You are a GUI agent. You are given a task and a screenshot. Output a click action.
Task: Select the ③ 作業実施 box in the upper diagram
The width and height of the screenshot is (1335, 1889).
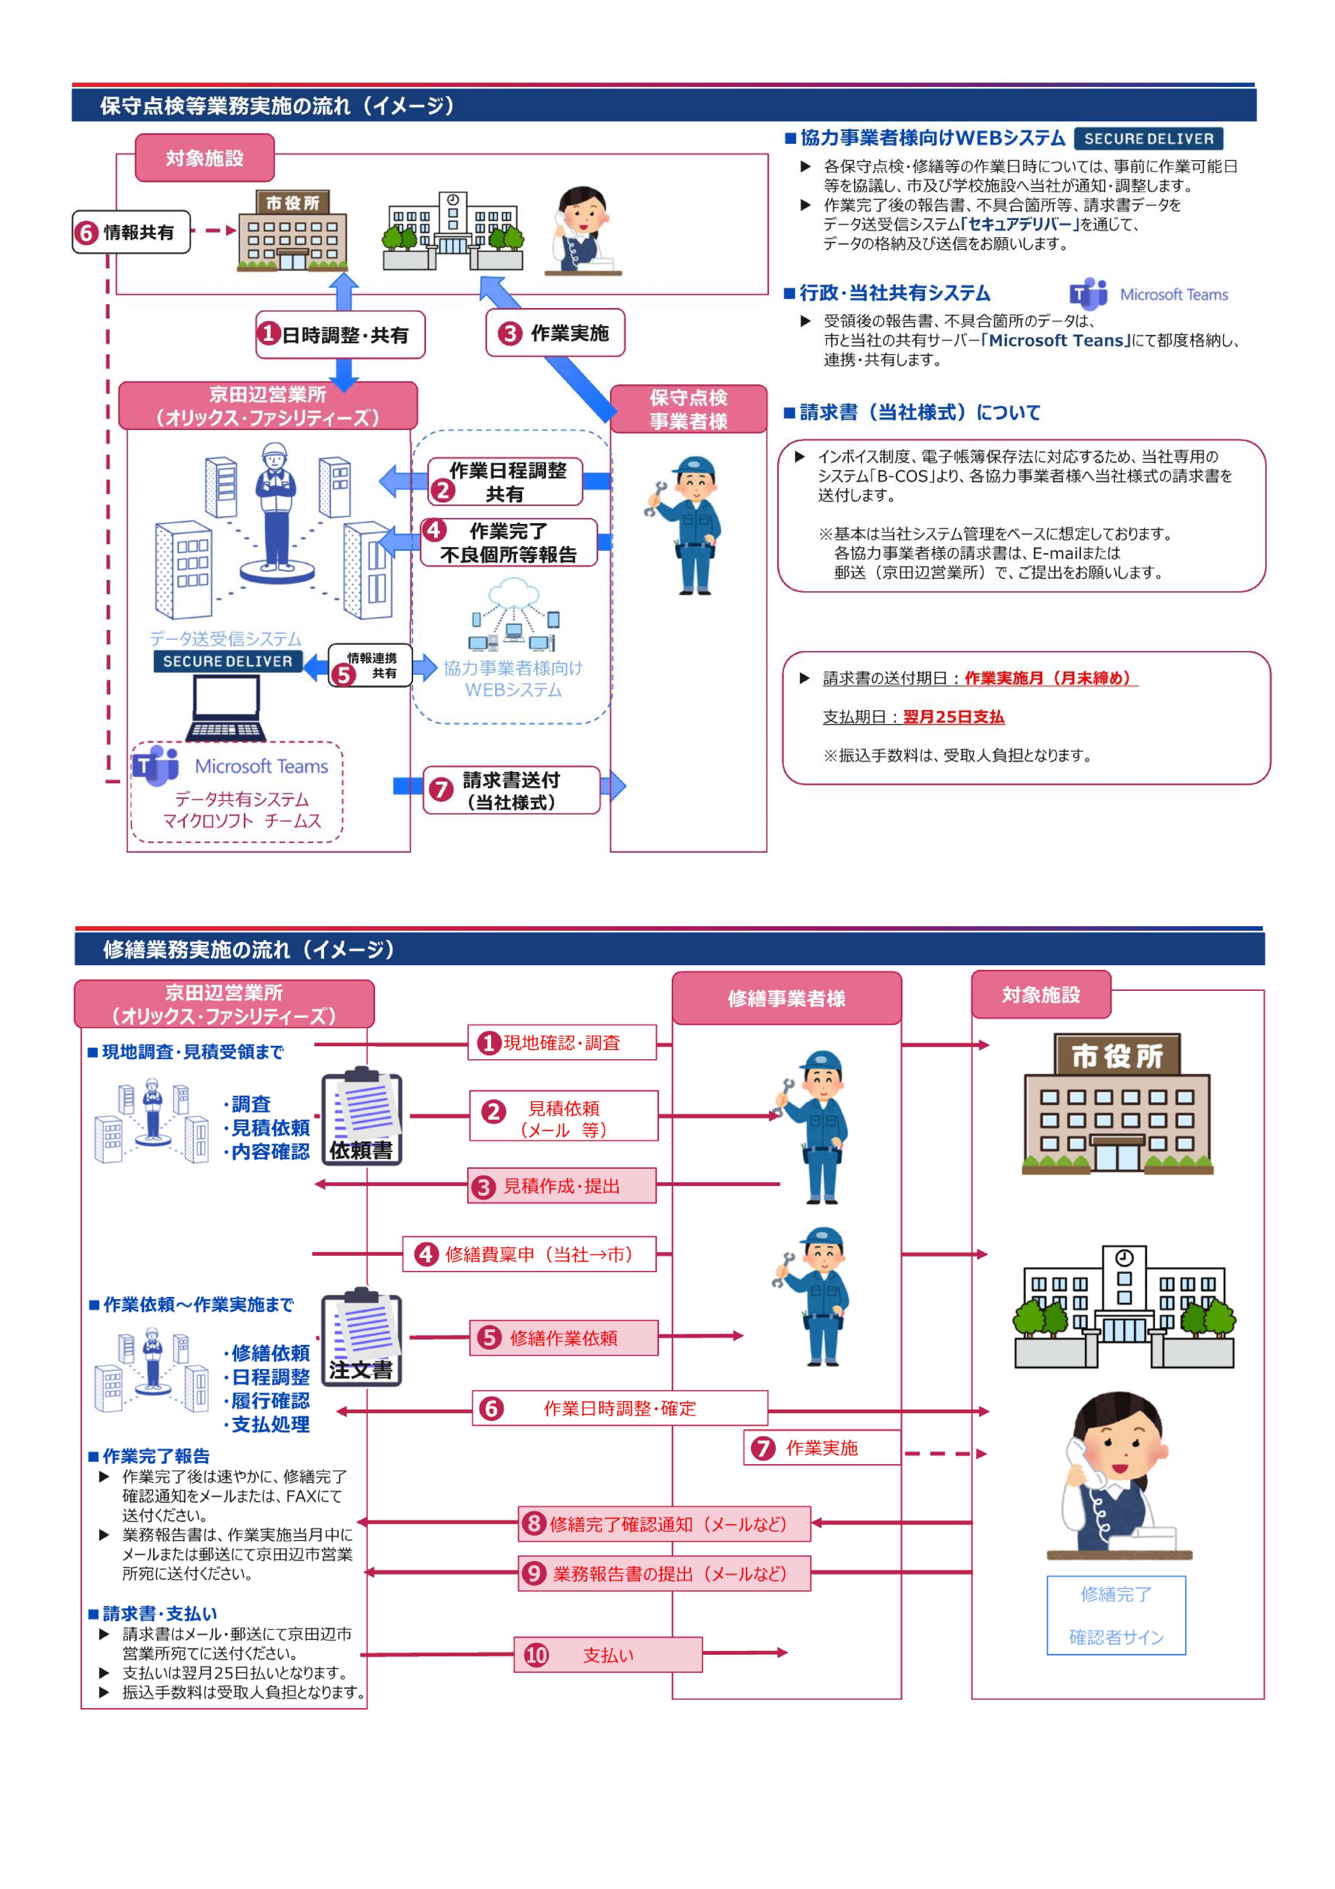[x=555, y=333]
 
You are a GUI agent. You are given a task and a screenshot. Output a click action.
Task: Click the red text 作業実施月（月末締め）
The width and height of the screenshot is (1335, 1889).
[x=1049, y=678]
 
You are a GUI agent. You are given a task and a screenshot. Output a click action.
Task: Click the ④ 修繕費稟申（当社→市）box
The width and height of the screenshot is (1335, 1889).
[x=529, y=1254]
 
